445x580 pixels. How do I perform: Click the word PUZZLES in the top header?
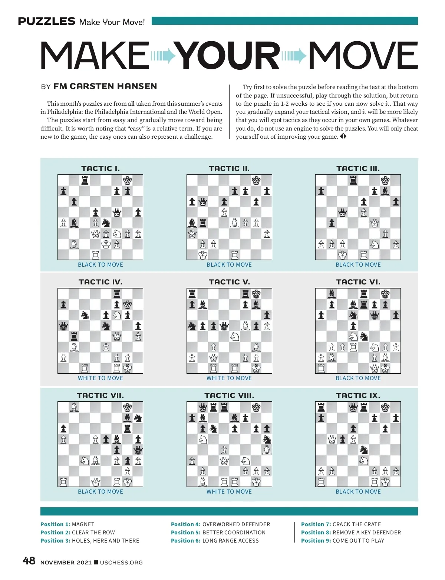pos(47,21)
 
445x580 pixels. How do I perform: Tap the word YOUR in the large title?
pos(227,56)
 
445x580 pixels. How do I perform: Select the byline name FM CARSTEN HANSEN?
pos(105,86)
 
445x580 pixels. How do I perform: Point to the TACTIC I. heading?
pos(100,168)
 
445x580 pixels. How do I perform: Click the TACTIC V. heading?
pos(229,282)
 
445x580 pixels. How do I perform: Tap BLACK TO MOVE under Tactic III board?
pos(358,265)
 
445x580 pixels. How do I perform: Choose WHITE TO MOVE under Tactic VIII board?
pos(229,492)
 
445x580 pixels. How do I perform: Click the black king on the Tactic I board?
pos(127,181)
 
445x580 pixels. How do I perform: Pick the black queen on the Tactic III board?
pos(342,212)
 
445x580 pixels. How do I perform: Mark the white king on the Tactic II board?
pos(202,255)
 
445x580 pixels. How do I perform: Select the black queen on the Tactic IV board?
pos(63,326)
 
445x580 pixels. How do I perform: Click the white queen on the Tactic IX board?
pos(332,439)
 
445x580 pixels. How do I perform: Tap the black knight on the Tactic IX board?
pos(364,450)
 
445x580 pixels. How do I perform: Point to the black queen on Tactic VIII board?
pos(202,408)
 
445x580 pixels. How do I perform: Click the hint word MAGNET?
pos(83,524)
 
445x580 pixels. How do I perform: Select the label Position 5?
pos(185,533)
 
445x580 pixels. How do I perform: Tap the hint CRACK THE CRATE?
pos(357,524)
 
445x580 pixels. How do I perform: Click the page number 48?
pos(29,561)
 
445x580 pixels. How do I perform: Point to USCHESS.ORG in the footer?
pos(121,563)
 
